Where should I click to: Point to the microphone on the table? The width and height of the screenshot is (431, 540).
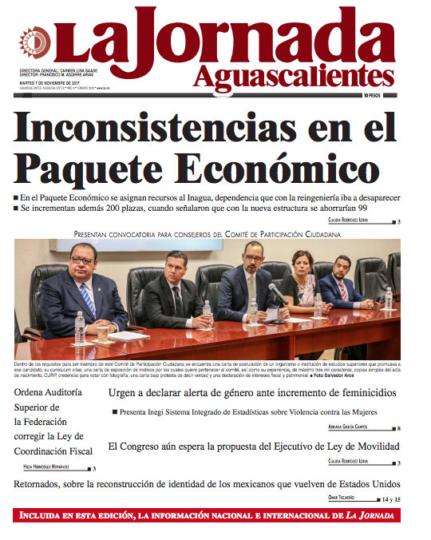(x=276, y=292)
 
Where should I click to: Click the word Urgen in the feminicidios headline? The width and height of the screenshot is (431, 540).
(x=125, y=394)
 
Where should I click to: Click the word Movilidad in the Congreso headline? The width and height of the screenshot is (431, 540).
(x=369, y=446)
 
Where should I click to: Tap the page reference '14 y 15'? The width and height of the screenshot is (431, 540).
(x=390, y=499)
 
